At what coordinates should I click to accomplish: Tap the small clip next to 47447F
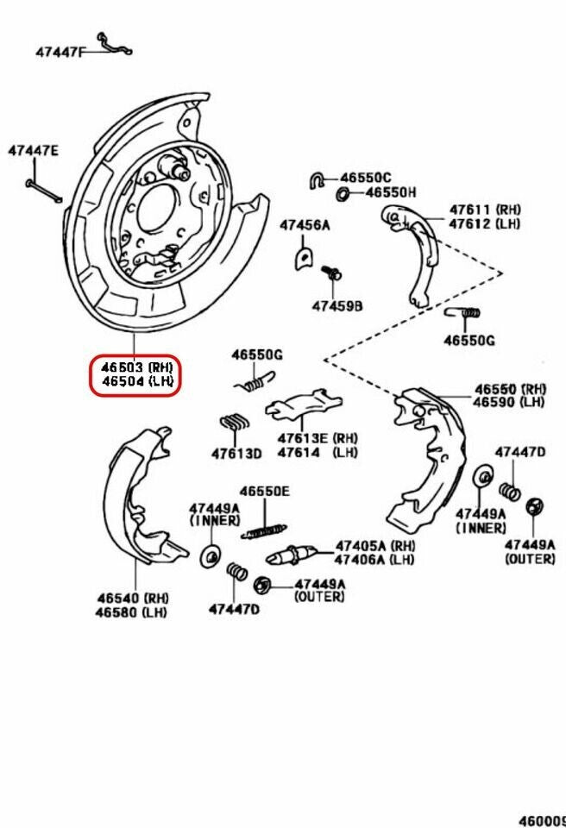point(113,44)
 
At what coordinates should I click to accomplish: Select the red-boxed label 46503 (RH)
point(135,367)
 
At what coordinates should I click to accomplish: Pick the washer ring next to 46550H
point(343,192)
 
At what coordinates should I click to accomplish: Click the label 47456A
point(305,226)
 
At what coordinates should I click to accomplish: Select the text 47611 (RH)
point(484,210)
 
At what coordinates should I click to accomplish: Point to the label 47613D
point(236,454)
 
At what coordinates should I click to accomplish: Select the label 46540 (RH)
point(132,598)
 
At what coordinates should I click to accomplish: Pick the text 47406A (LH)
point(374,559)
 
